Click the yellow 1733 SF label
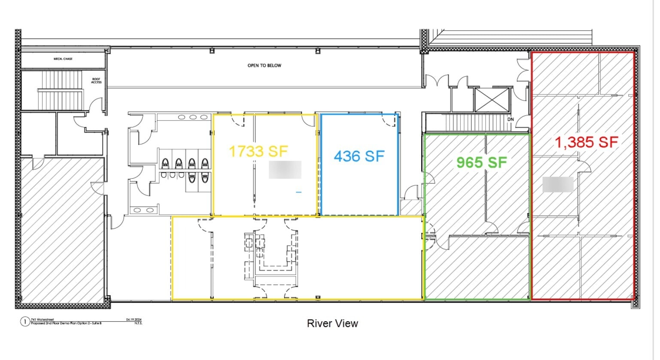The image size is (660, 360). tap(258, 151)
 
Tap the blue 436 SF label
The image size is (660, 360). tap(359, 156)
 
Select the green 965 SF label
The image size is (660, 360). tap(481, 162)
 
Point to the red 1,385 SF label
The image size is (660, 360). tap(587, 142)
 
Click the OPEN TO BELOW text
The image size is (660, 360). tap(264, 66)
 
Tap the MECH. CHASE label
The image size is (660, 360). tap(63, 59)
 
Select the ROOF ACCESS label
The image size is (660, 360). tap(96, 80)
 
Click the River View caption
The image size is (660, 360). tap(332, 323)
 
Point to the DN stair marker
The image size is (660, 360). tap(510, 119)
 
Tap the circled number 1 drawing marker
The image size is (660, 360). tap(25, 322)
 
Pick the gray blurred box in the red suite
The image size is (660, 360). tap(558, 185)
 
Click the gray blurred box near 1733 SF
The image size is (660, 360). tap(285, 170)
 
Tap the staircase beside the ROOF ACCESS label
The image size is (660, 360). tap(60, 90)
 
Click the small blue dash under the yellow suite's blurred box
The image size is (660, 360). tap(298, 192)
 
